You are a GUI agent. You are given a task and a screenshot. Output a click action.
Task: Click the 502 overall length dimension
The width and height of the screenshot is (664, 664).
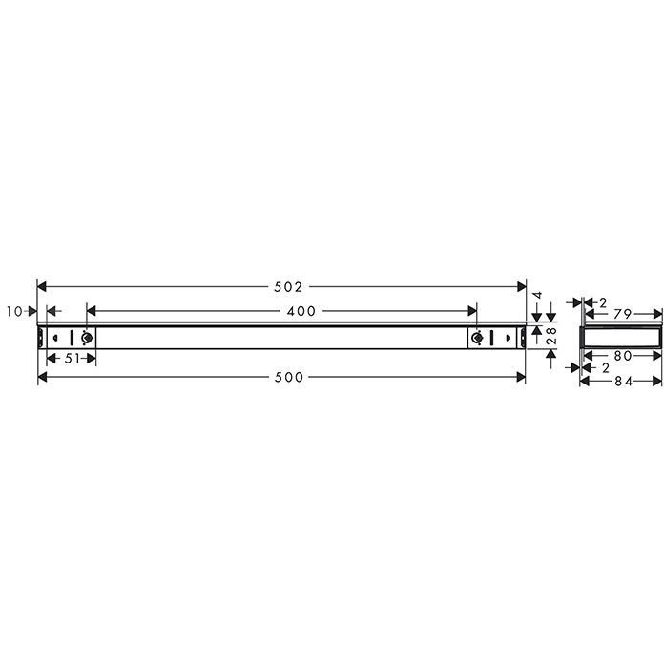pos(288,287)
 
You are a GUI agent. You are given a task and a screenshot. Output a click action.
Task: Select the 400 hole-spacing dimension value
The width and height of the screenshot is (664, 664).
pos(301,312)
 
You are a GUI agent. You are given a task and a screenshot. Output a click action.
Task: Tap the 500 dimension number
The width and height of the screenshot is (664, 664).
pos(289,377)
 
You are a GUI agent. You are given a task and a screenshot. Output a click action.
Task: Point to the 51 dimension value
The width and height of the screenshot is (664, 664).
pos(72,359)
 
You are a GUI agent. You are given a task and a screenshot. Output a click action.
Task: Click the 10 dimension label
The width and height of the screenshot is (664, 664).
pos(14,312)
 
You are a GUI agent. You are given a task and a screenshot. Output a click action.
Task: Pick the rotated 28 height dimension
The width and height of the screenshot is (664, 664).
pos(552,336)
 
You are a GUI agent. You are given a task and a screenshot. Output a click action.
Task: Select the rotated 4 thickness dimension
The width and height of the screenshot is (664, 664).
pos(537,295)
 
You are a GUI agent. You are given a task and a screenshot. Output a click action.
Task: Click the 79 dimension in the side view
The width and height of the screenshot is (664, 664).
pos(622,314)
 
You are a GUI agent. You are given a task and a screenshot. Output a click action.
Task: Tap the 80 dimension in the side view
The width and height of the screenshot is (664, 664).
pos(623,356)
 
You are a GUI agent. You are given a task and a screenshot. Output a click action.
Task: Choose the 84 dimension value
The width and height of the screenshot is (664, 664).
pos(623,382)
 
